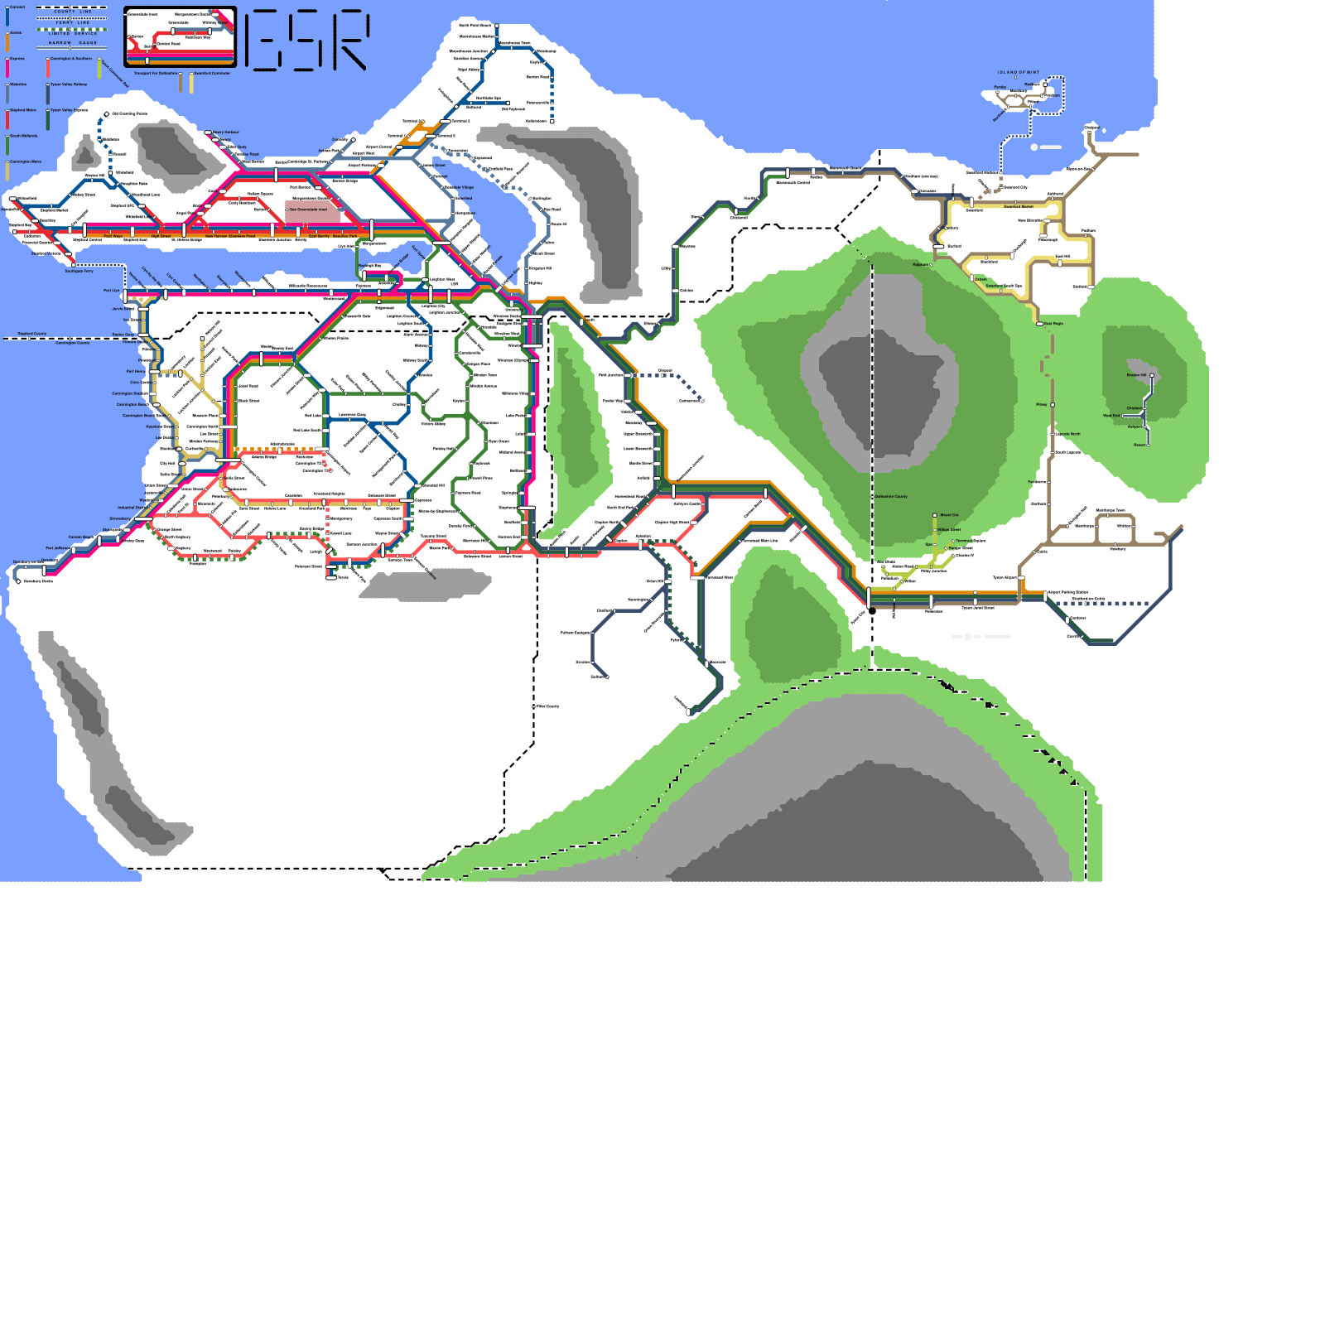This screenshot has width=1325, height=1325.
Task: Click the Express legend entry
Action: (x=17, y=59)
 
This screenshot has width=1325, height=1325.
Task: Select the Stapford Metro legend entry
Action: (x=22, y=110)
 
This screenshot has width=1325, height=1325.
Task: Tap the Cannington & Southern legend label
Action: (x=70, y=59)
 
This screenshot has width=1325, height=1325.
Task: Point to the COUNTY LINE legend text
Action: (x=73, y=12)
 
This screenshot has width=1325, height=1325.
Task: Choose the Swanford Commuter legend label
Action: (x=212, y=74)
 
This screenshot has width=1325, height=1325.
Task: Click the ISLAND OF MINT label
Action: (x=1018, y=73)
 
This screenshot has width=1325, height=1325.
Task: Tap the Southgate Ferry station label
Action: (x=79, y=271)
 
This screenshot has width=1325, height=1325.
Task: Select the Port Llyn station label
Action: (x=111, y=291)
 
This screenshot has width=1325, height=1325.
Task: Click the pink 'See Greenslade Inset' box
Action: (x=312, y=210)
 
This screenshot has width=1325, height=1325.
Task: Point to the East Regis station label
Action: (x=1053, y=324)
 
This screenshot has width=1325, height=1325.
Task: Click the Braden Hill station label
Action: (x=1136, y=375)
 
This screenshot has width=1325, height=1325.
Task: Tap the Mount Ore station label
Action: (x=949, y=515)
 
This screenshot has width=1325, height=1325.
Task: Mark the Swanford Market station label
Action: (x=1018, y=207)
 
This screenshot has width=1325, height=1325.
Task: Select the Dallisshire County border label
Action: (x=891, y=497)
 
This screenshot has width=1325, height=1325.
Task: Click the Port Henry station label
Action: (x=135, y=371)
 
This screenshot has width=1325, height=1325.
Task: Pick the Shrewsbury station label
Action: (x=120, y=519)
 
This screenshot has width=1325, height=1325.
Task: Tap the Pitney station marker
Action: (x=1052, y=405)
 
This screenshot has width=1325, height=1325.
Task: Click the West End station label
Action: (x=1111, y=416)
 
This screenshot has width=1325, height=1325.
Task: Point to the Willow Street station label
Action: (x=949, y=529)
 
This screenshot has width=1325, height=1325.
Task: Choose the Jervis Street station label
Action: (x=123, y=309)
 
